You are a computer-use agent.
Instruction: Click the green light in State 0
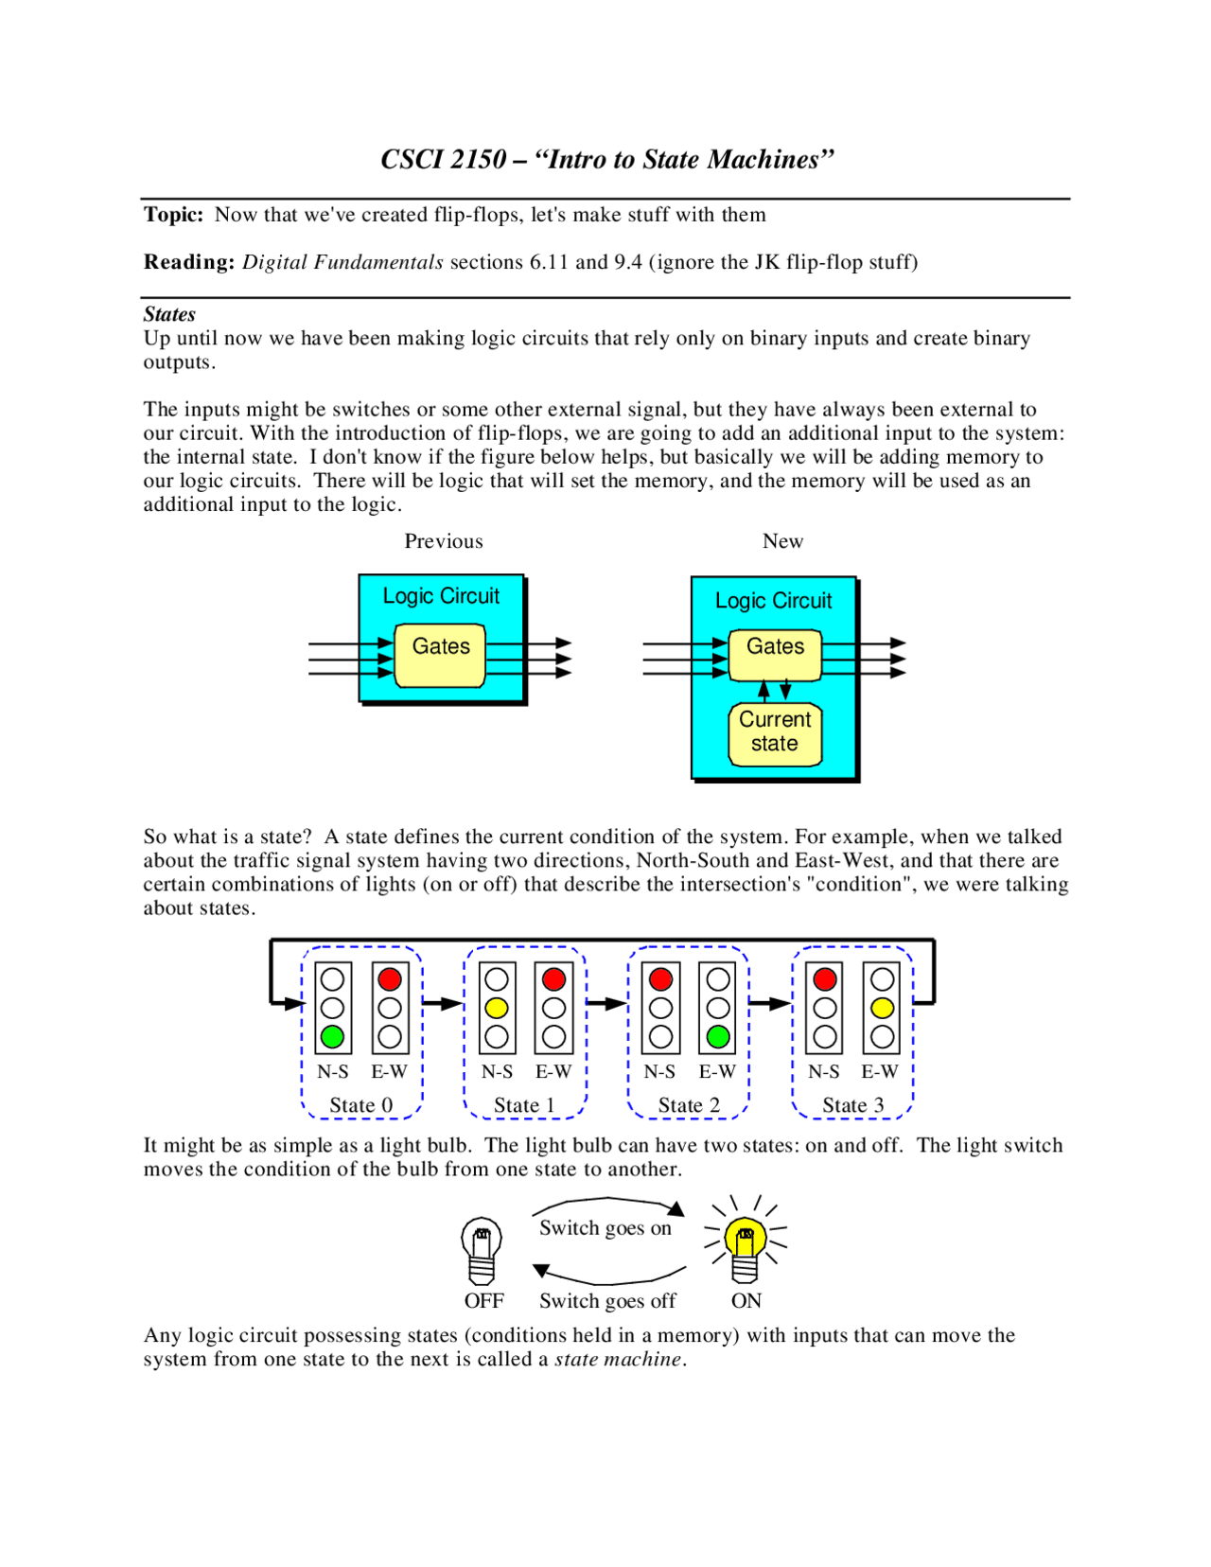tap(332, 1036)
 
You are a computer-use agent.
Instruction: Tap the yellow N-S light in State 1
tap(497, 1008)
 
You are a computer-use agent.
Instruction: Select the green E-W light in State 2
tap(718, 1036)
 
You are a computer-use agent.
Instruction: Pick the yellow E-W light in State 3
tap(882, 1008)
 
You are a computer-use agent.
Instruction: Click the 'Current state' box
tap(775, 731)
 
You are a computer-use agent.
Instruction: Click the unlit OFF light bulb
tap(482, 1249)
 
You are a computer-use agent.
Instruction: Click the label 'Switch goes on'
tap(605, 1227)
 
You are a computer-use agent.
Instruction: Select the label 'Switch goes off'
tap(607, 1300)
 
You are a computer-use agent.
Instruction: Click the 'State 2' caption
tap(689, 1104)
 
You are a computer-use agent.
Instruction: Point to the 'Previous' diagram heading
tap(444, 540)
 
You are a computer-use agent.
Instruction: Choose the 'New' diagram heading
tap(782, 540)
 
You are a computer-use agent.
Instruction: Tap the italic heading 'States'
tap(169, 314)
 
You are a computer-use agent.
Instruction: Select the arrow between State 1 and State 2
tap(606, 1003)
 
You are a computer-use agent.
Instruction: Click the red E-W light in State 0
tap(390, 979)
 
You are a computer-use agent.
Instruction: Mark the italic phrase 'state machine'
tap(617, 1359)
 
